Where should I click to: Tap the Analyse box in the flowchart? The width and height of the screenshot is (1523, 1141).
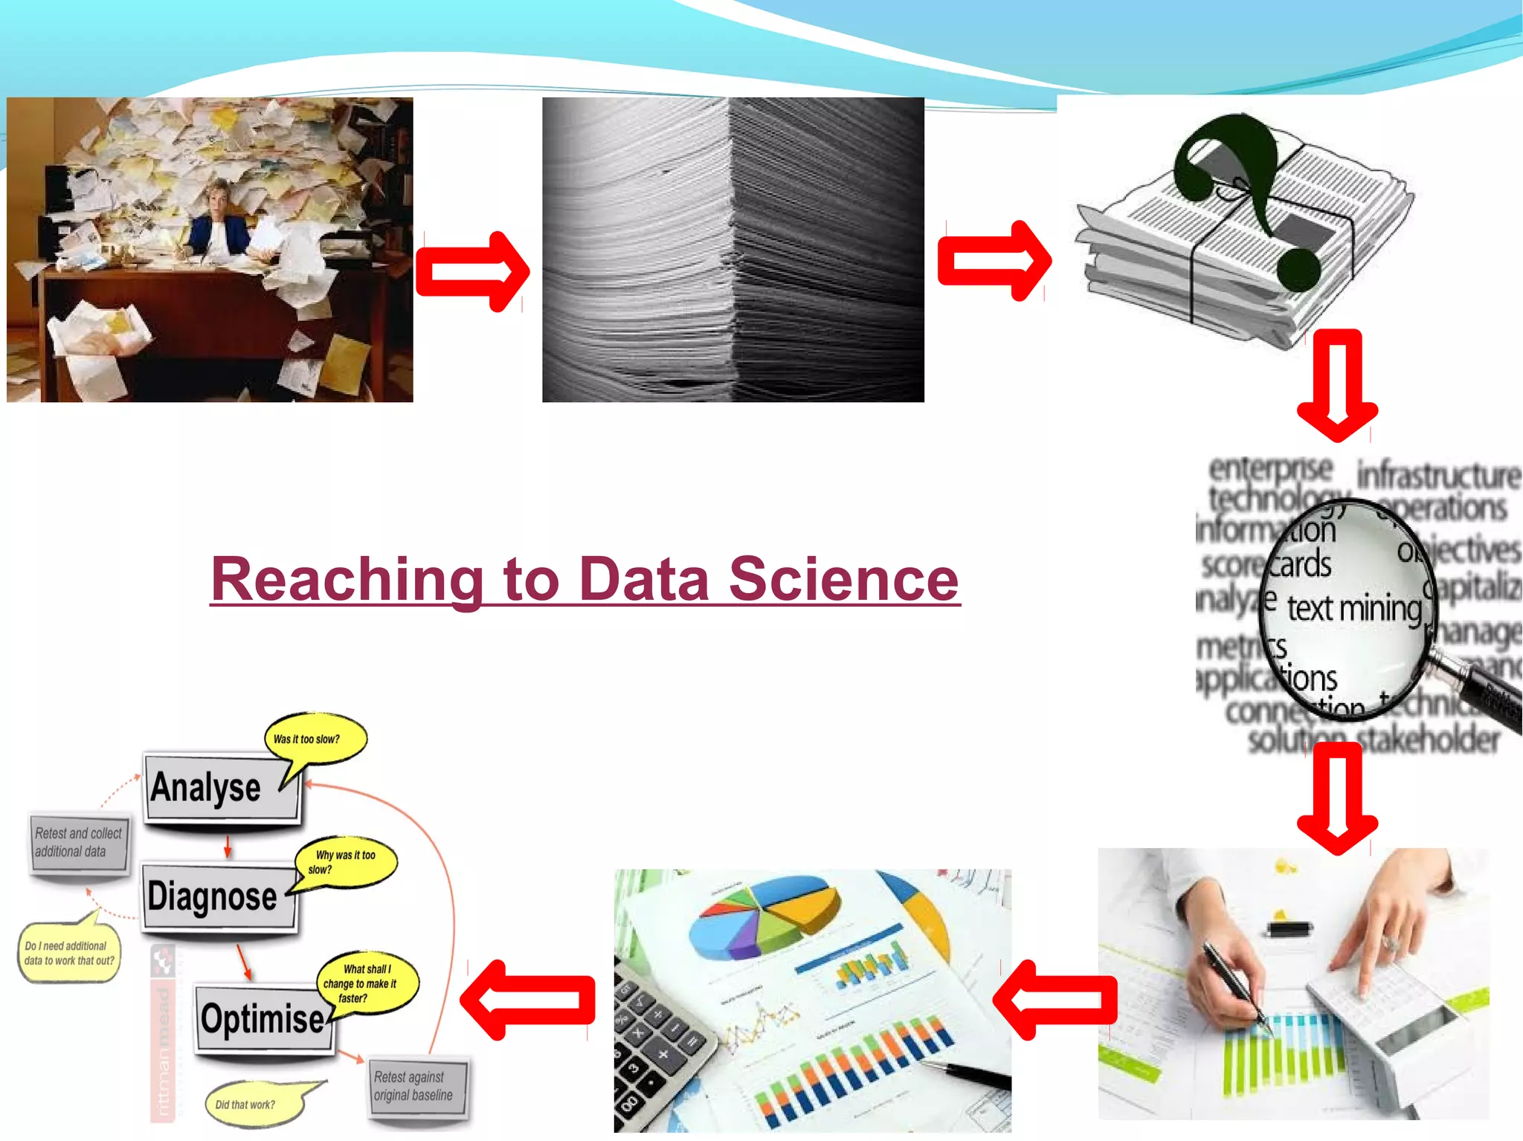click(222, 788)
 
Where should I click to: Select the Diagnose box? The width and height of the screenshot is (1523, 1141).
click(219, 896)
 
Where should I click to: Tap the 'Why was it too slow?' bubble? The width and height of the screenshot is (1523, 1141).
click(346, 862)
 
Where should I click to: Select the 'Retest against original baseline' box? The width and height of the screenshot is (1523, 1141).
click(417, 1086)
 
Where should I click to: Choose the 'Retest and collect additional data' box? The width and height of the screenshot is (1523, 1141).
click(78, 843)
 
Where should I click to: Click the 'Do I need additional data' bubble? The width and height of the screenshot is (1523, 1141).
click(68, 953)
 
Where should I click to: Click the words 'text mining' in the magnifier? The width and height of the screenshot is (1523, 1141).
click(1353, 609)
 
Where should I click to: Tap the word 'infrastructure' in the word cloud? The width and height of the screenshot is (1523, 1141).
click(1438, 475)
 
